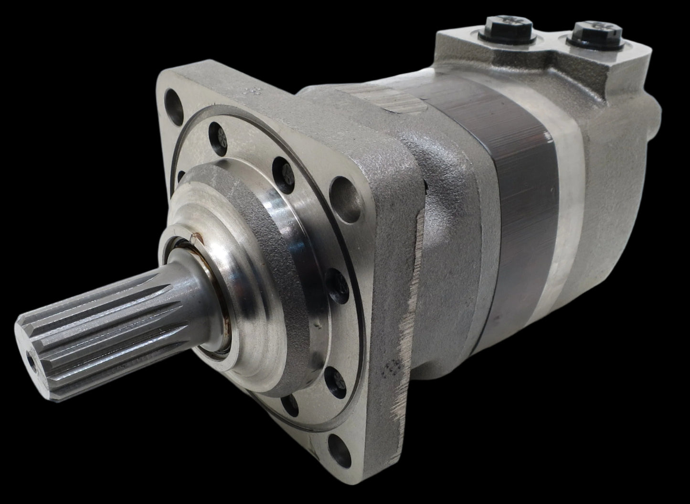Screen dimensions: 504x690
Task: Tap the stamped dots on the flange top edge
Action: point(261,90)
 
